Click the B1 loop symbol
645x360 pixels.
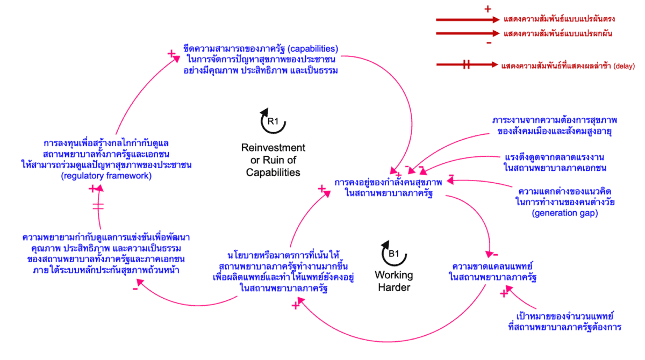(x=393, y=253)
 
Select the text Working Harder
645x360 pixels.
(x=393, y=281)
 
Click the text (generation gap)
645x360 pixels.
(x=564, y=213)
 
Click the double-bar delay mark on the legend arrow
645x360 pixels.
(x=466, y=65)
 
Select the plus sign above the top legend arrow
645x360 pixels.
(x=488, y=9)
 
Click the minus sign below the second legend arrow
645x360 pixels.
(x=488, y=43)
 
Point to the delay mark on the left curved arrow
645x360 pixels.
(x=99, y=206)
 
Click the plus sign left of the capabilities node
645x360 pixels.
(x=171, y=54)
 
